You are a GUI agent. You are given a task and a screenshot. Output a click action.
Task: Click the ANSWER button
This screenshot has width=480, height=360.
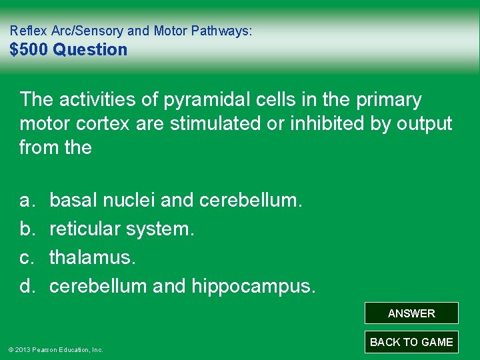click(411, 313)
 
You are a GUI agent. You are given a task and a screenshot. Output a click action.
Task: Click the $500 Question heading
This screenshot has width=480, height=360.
click(68, 50)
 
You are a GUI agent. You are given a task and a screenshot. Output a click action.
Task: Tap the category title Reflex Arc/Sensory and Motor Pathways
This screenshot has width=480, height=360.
click(131, 31)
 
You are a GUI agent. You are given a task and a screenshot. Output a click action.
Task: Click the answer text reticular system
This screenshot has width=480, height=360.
click(122, 229)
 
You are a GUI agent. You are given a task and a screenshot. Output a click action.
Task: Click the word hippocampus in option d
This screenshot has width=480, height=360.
click(254, 287)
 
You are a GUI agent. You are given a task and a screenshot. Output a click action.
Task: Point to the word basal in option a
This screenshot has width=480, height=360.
click(73, 200)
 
